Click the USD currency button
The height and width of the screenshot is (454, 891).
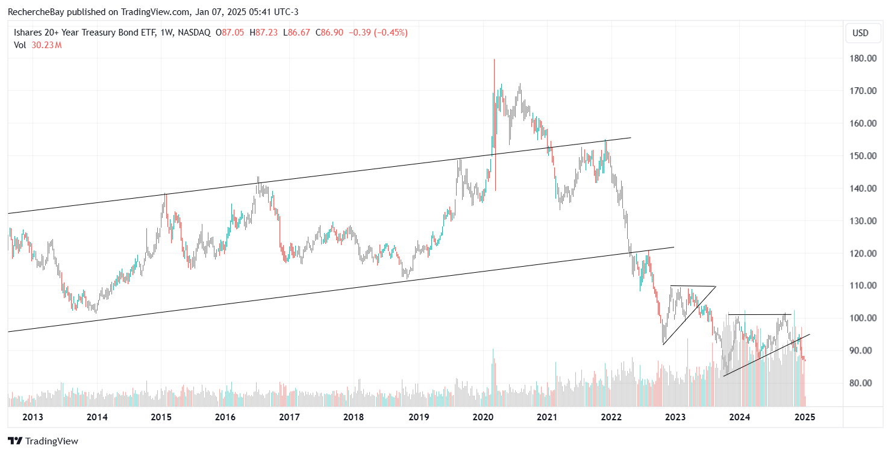[x=860, y=33]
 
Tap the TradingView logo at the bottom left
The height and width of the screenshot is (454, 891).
[x=43, y=441]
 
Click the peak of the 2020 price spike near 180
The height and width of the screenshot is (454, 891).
[x=494, y=60]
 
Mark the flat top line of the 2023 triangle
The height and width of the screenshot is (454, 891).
[x=693, y=286]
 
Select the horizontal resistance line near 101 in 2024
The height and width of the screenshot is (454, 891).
[x=759, y=314]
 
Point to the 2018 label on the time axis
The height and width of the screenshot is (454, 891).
[x=354, y=417]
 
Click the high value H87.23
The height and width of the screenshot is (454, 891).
[x=267, y=33]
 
